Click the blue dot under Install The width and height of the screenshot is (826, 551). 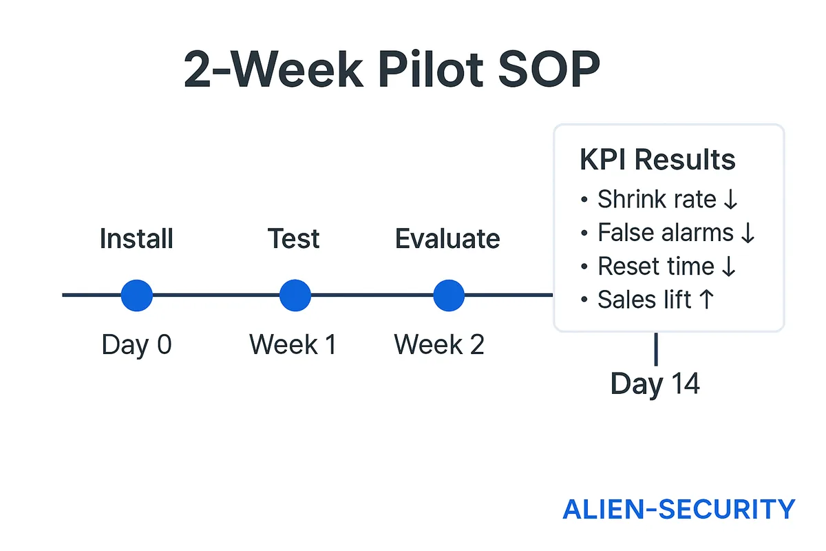tap(136, 295)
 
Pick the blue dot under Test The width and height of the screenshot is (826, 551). tap(295, 295)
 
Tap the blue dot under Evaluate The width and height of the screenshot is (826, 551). tap(449, 295)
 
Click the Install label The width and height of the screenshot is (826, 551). tap(136, 239)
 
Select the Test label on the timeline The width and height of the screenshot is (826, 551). tap(294, 239)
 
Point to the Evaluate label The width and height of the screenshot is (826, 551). tap(447, 239)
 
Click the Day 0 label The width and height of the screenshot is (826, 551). tap(136, 344)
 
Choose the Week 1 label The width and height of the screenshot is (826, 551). tap(293, 344)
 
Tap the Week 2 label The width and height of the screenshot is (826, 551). tap(439, 344)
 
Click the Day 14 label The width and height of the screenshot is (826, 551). tap(655, 384)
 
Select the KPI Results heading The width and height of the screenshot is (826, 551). tap(657, 160)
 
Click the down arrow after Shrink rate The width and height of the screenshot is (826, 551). tap(730, 200)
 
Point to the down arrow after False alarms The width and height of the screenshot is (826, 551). tap(748, 233)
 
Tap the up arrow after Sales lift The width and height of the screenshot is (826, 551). tap(706, 300)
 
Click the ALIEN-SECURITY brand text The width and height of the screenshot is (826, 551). tap(679, 510)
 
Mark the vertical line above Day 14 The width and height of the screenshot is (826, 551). tap(655, 349)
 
